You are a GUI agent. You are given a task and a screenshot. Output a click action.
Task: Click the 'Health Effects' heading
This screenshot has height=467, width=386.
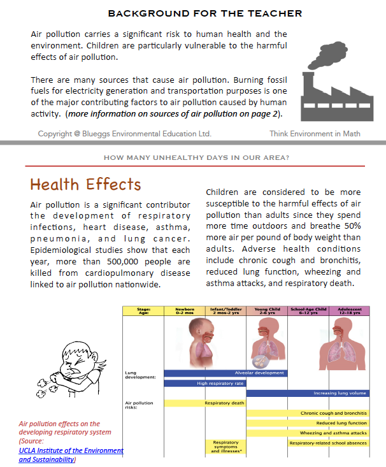pos(85,184)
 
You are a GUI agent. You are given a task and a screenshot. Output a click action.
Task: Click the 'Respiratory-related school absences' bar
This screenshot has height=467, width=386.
pos(328,443)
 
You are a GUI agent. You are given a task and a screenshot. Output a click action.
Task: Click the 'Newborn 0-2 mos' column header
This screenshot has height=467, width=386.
pos(184,311)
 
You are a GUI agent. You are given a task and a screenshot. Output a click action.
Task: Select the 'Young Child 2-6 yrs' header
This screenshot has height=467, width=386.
pos(267,311)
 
